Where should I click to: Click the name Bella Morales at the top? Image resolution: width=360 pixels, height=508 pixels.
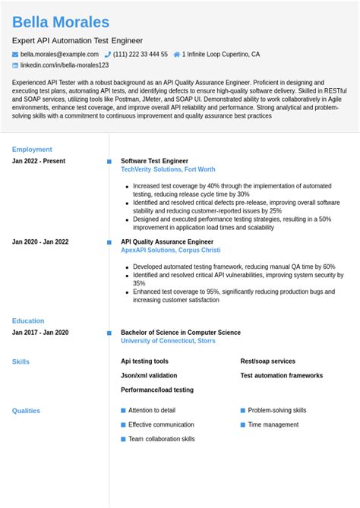pos(61,22)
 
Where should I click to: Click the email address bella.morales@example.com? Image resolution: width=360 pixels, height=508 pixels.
pos(59,55)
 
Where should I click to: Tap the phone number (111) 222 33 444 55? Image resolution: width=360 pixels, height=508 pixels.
pos(141,55)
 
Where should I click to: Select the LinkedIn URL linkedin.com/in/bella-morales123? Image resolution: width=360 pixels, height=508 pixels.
pos(65,66)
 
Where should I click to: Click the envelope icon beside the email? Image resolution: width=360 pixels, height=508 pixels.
pos(15,55)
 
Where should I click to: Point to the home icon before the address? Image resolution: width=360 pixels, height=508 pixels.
pos(176,55)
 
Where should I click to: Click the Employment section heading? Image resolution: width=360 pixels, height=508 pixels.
pos(32,150)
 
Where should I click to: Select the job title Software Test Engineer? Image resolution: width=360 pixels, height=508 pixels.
pos(154,161)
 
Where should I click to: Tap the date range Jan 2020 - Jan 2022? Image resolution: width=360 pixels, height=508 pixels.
pos(40,241)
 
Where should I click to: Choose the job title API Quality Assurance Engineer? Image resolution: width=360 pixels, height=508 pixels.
pos(167,241)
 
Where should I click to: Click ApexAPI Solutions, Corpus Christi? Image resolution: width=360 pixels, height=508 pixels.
pos(170,251)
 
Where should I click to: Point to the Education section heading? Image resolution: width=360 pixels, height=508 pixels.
pos(28,321)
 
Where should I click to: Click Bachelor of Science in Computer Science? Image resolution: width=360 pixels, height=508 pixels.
pos(180,333)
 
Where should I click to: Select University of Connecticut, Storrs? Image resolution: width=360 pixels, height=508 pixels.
pos(167,342)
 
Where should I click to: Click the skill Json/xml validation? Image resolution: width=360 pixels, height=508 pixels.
pos(149,376)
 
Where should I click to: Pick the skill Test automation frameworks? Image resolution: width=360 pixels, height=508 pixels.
pos(281,376)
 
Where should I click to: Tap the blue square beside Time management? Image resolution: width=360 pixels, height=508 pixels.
pos(243,424)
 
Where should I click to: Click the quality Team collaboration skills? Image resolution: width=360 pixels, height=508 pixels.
pos(161,439)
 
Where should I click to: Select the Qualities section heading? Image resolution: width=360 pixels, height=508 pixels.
pos(26,411)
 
